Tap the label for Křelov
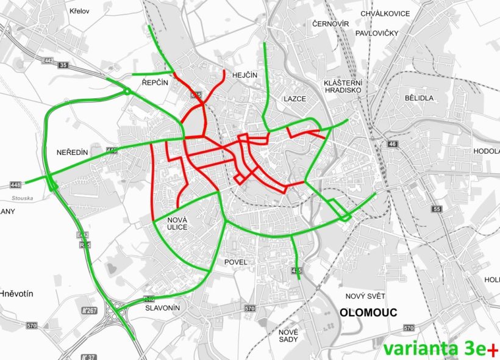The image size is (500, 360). [80, 11]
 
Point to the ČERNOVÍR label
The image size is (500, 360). [330, 23]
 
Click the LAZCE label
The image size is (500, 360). [295, 98]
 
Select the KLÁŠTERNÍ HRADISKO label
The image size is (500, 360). [343, 86]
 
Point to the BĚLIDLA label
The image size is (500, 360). [418, 98]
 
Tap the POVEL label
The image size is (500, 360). [236, 262]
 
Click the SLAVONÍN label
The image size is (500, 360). [163, 308]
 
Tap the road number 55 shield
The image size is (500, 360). [436, 209]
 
